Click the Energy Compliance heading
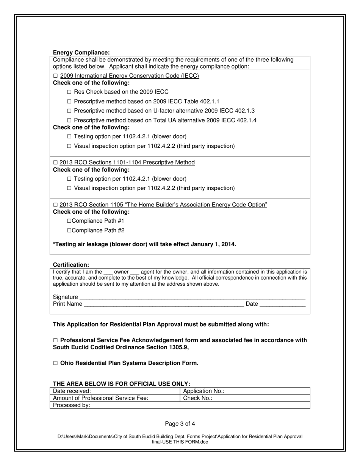(81, 53)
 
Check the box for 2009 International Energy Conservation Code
(55, 76)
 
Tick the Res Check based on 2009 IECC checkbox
(69, 92)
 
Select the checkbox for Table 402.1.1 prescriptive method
(69, 102)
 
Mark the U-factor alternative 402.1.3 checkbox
(69, 111)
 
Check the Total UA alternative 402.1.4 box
(69, 120)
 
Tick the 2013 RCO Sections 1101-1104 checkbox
(55, 163)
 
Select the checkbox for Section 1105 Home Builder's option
(55, 205)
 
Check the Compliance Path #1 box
(69, 221)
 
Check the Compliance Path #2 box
(69, 230)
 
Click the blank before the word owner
(108, 272)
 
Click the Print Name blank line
(163, 304)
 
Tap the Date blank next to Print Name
(282, 304)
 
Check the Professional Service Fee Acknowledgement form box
(55, 341)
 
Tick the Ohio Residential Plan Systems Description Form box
(55, 363)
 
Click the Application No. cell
(244, 391)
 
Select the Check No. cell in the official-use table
(244, 398)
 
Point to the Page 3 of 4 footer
(180, 424)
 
